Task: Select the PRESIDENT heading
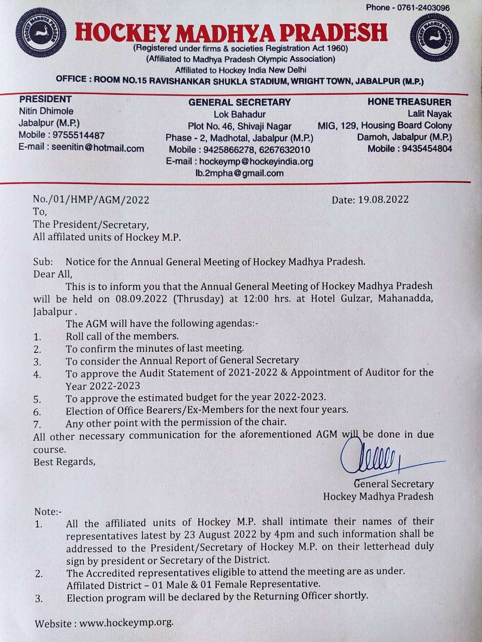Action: [x=45, y=99]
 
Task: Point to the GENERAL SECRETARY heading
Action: [x=239, y=102]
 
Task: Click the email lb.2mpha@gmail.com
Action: [x=239, y=174]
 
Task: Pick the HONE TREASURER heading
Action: [x=409, y=102]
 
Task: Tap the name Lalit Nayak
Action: [x=429, y=114]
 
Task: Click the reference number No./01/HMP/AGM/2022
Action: [x=91, y=199]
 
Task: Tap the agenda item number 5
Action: [x=37, y=400]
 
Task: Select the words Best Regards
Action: [x=64, y=461]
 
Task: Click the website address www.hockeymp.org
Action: [x=126, y=623]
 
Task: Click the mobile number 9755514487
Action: [x=78, y=135]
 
